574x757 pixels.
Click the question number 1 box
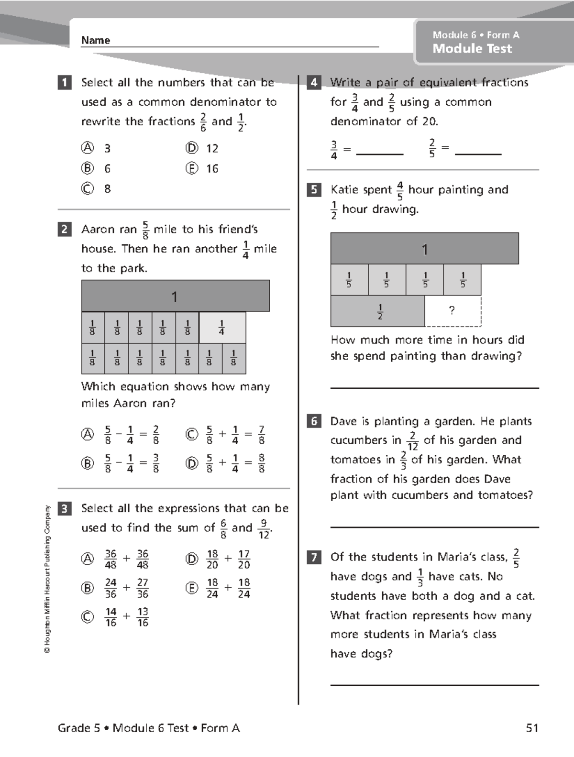point(65,83)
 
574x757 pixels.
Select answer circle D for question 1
point(191,148)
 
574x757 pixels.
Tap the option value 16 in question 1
point(212,169)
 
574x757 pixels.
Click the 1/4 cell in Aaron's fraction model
point(222,328)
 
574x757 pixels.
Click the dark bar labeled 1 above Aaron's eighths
point(176,296)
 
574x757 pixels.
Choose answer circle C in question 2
point(191,434)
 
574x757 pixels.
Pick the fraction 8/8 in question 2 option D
point(262,463)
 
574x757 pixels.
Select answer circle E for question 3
point(191,588)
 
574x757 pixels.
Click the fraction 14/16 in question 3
point(111,617)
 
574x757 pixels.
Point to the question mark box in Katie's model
point(453,311)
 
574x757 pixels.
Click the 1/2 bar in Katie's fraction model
point(378,311)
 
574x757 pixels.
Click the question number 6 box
point(314,421)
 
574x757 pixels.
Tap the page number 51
point(532,728)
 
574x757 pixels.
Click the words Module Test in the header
point(472,49)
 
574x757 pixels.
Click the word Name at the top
point(96,41)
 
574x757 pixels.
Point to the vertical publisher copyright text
point(47,579)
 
